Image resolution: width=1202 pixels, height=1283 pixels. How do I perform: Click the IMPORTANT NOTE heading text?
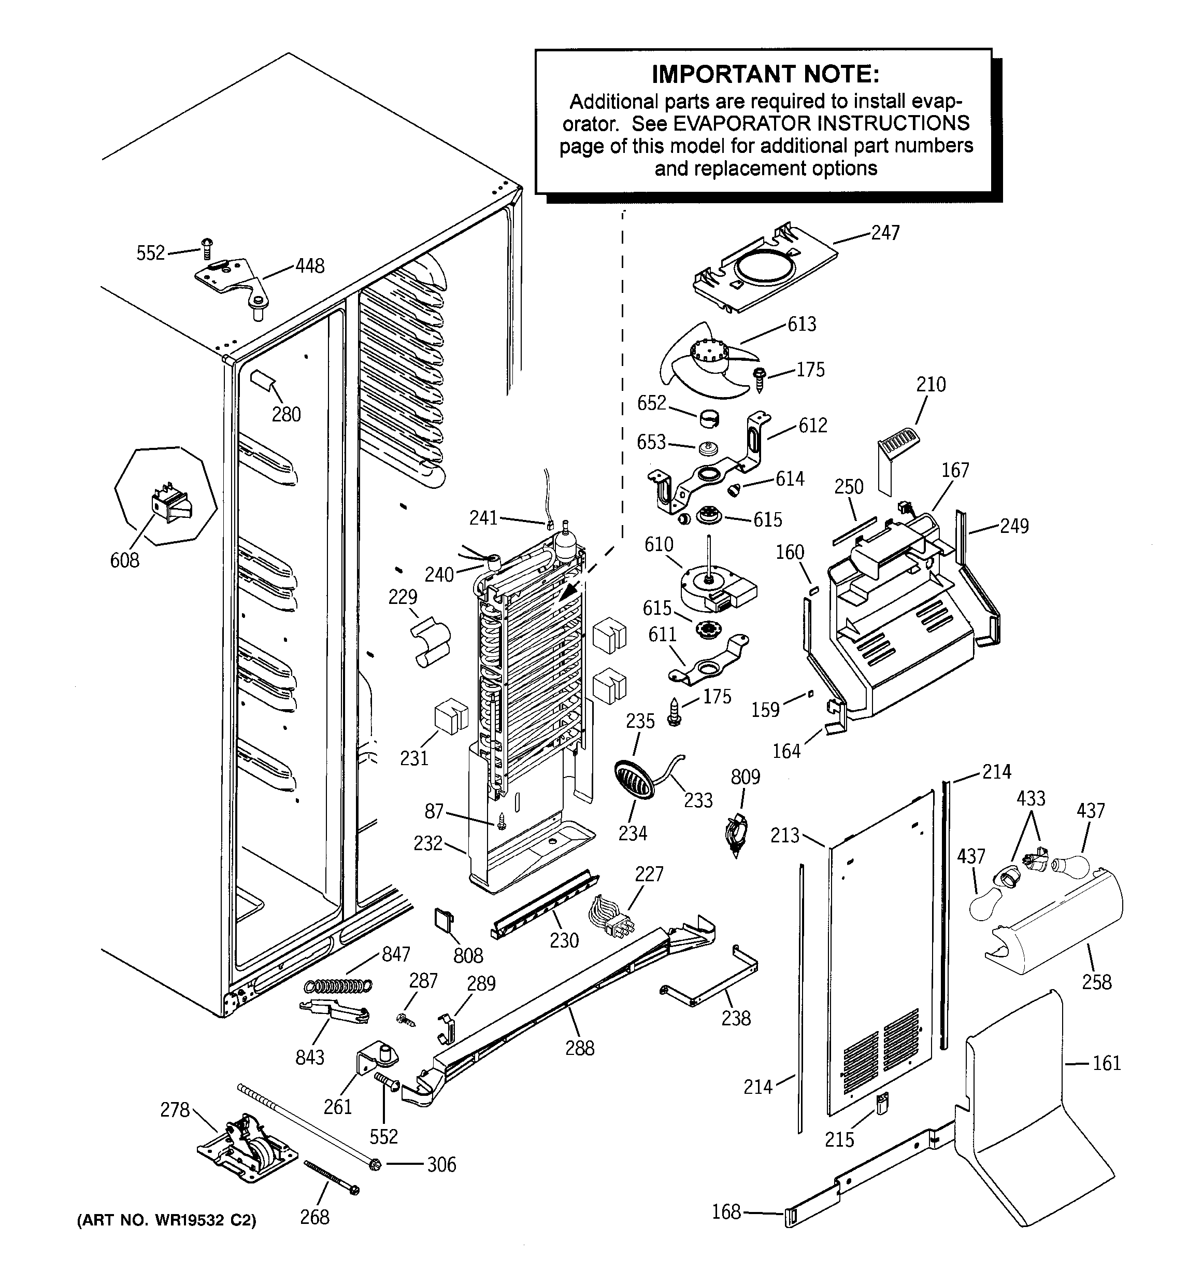765,75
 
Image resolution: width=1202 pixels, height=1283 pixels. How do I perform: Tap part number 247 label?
885,233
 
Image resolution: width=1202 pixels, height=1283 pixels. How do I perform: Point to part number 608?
124,560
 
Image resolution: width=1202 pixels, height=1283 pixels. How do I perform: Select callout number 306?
441,1165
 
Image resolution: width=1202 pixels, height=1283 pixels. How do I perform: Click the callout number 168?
726,1212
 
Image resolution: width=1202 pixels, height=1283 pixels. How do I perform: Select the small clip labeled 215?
881,1104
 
